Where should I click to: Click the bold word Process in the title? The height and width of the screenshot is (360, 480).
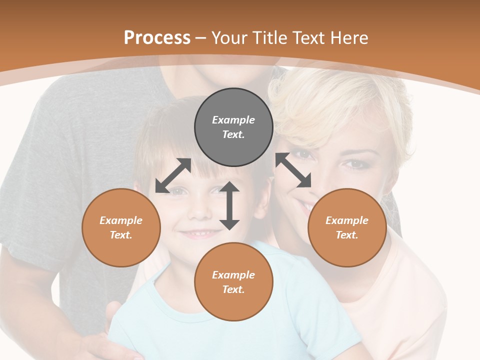[x=157, y=38]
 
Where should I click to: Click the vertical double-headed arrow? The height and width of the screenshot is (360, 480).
[x=229, y=205]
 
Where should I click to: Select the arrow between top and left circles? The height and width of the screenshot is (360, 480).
[x=173, y=175]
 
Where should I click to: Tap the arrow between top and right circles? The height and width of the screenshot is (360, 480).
[x=293, y=170]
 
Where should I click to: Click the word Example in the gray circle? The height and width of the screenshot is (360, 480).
[x=233, y=120]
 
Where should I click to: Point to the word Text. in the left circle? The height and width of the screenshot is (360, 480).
[x=121, y=235]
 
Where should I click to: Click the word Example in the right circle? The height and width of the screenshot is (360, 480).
[x=347, y=220]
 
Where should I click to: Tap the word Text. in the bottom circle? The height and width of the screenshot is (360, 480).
[x=233, y=289]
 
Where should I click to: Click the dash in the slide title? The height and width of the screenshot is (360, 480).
[x=201, y=38]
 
